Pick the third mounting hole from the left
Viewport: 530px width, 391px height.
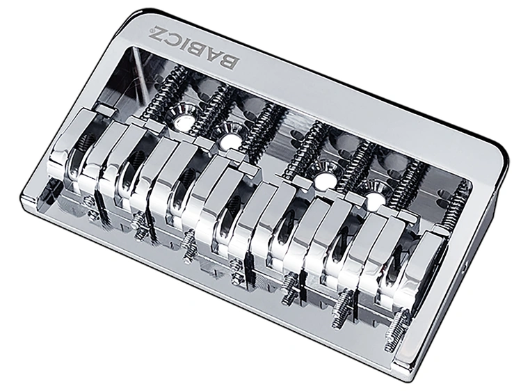coord(323,180)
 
